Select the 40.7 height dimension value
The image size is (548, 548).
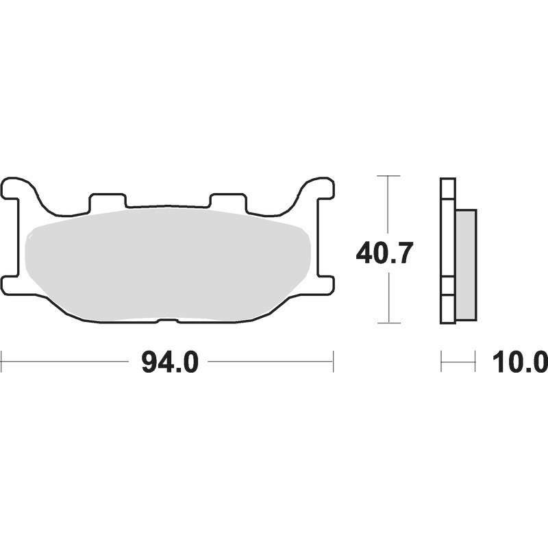click(384, 252)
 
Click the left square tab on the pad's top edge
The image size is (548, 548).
click(108, 201)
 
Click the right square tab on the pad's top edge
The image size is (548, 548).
click(229, 201)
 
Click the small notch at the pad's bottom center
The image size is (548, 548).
click(168, 320)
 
